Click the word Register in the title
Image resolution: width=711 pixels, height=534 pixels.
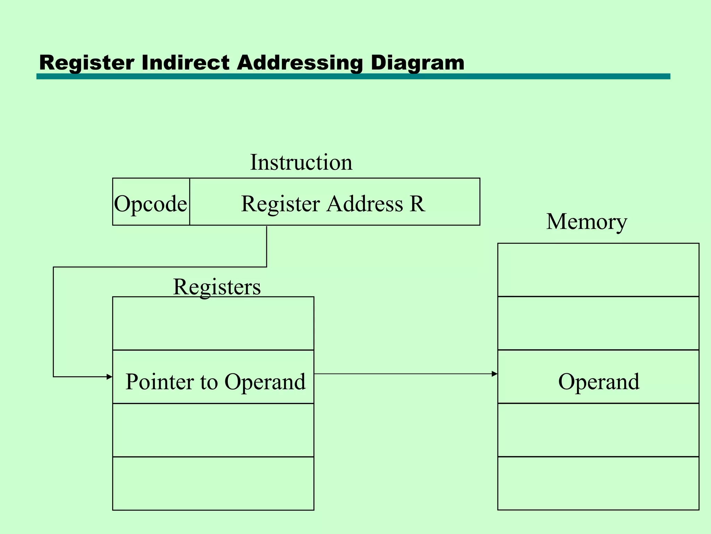point(86,63)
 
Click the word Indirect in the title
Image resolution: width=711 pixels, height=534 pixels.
point(185,63)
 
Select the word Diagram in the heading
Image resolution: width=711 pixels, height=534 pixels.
point(417,63)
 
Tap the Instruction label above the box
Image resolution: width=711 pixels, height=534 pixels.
point(301,162)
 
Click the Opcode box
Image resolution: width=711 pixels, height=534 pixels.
point(151,203)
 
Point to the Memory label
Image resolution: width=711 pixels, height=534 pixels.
point(587,221)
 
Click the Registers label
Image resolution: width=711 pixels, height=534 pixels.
point(217,287)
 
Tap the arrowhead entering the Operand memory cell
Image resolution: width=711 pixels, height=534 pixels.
point(495,374)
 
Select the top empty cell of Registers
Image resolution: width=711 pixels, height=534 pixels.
point(213,323)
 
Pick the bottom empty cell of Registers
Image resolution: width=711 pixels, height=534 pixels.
point(213,483)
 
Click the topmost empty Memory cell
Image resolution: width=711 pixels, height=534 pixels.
point(598,270)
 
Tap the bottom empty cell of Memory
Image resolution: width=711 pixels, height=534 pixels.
point(598,483)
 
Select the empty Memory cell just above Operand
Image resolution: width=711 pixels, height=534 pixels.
point(598,323)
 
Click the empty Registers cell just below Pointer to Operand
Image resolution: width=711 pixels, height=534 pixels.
point(213,430)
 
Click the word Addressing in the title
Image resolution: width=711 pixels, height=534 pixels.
point(299,63)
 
